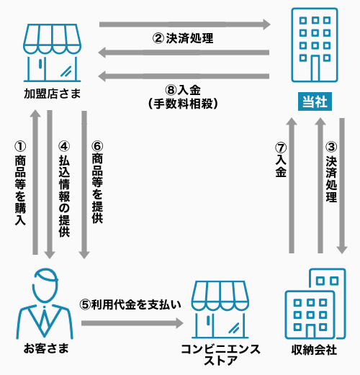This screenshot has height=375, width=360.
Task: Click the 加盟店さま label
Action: [x=53, y=94]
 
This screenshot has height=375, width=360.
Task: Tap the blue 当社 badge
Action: [x=315, y=101]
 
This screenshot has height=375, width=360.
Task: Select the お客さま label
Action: [x=46, y=348]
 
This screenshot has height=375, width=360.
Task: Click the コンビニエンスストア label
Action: [x=220, y=355]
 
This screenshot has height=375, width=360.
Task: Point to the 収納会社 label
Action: [x=314, y=350]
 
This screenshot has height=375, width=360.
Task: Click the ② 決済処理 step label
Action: [x=183, y=38]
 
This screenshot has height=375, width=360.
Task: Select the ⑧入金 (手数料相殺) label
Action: [x=183, y=97]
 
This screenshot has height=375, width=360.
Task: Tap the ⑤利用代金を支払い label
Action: [x=130, y=304]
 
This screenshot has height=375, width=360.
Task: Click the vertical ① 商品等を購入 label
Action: [x=20, y=184]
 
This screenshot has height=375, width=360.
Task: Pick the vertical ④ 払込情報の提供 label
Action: [x=64, y=189]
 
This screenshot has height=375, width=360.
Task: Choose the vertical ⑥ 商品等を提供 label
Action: [x=97, y=182]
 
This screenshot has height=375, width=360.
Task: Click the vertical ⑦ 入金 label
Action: [x=281, y=160]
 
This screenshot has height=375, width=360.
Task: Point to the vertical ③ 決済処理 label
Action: [x=331, y=172]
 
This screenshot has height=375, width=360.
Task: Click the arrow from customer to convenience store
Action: [x=132, y=323]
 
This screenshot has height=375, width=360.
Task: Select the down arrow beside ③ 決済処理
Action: [x=342, y=186]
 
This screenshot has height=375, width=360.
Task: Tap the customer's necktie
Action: [x=44, y=320]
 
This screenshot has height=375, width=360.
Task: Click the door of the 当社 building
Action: [x=315, y=68]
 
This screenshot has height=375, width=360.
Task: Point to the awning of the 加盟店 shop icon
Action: [x=52, y=39]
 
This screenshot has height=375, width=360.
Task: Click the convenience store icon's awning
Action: [x=220, y=296]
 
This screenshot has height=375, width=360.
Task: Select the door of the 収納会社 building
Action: [x=310, y=332]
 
